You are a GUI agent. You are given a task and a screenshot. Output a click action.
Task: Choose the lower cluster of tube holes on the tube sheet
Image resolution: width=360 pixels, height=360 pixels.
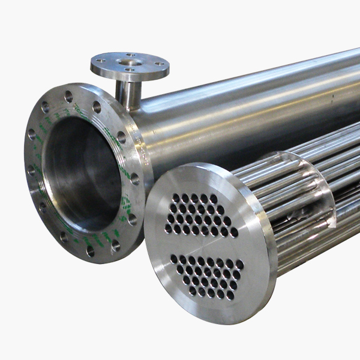tap(207, 276)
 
